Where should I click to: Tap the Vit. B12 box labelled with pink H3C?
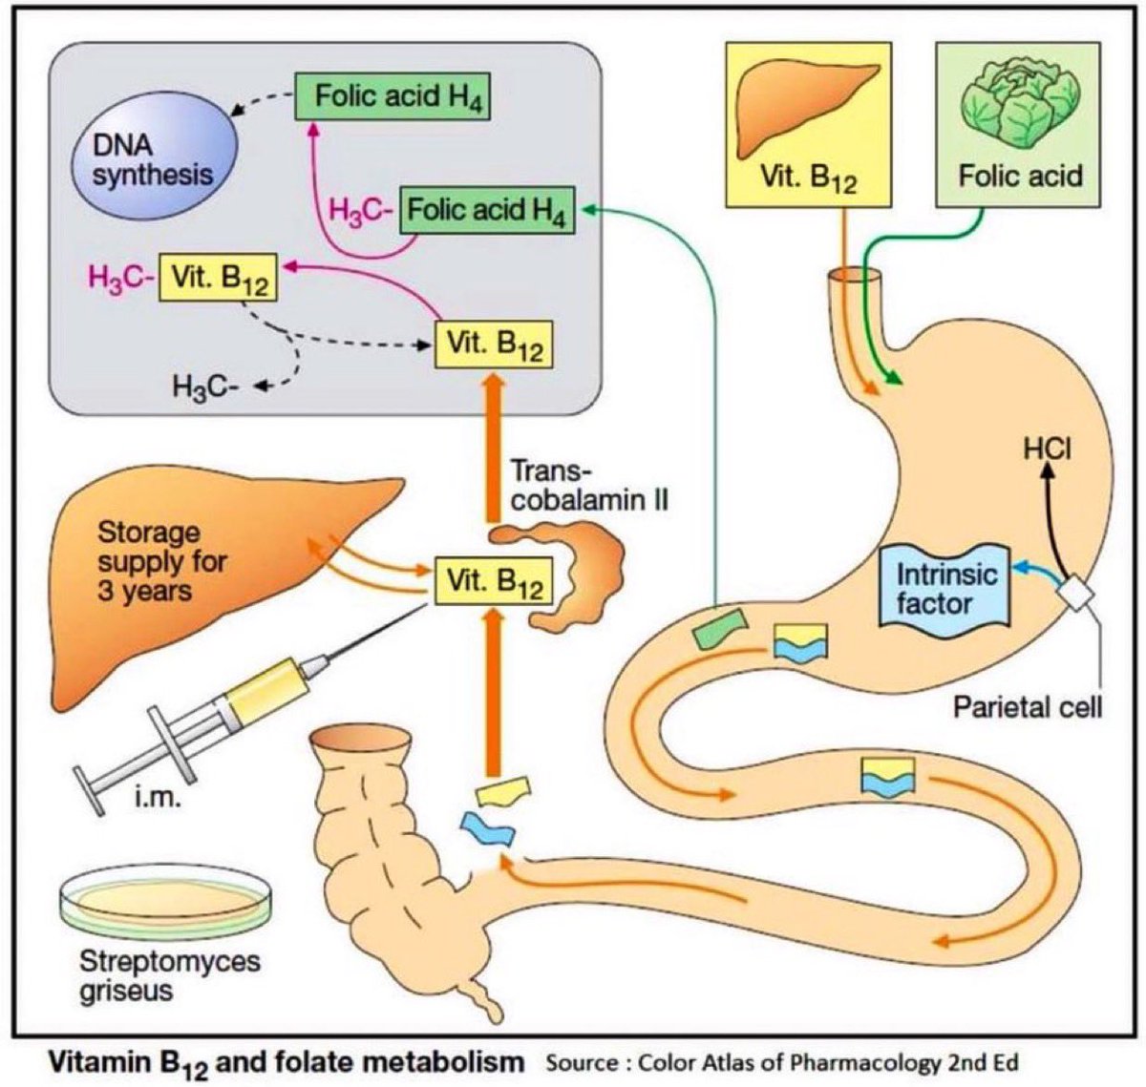(x=219, y=277)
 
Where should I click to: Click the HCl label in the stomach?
(x=1047, y=448)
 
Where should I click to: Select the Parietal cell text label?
(x=1028, y=707)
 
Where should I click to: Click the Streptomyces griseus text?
(x=157, y=974)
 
